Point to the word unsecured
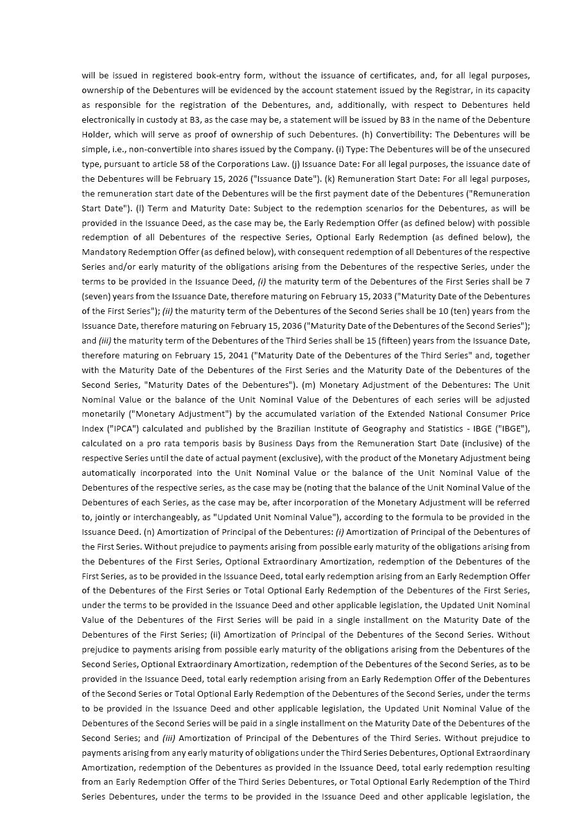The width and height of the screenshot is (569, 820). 509,150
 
